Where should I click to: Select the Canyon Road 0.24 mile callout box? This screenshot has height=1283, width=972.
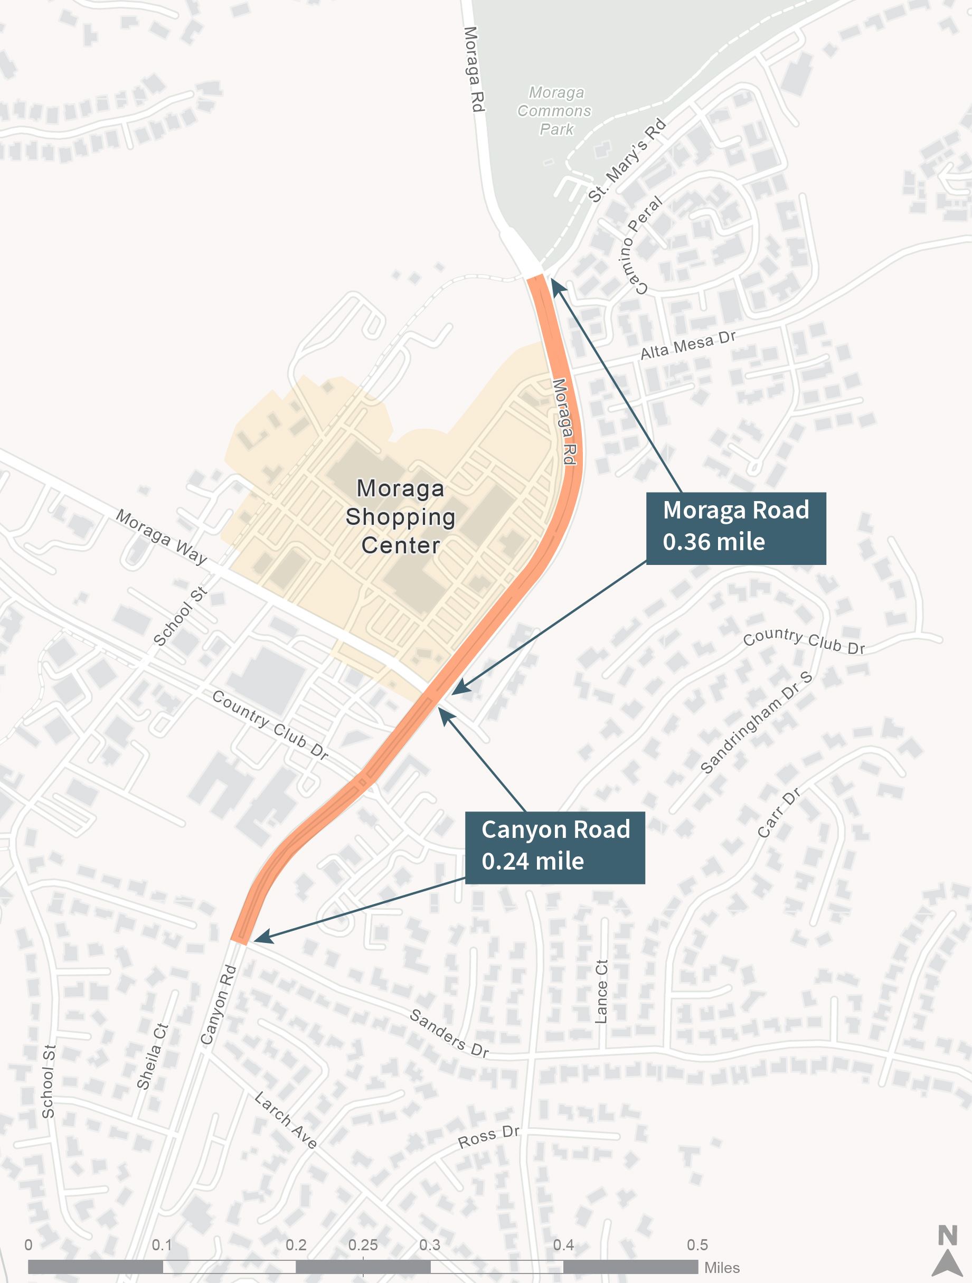pos(555,847)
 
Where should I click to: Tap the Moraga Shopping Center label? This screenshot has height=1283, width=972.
pos(400,517)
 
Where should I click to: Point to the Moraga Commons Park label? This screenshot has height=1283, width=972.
pos(554,111)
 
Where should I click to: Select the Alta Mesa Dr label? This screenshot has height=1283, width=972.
pos(688,345)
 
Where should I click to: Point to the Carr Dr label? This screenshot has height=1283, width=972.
pos(779,813)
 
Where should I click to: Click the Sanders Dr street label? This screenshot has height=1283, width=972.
pos(449,1033)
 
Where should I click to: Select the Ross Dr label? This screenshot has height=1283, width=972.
pos(488,1137)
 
